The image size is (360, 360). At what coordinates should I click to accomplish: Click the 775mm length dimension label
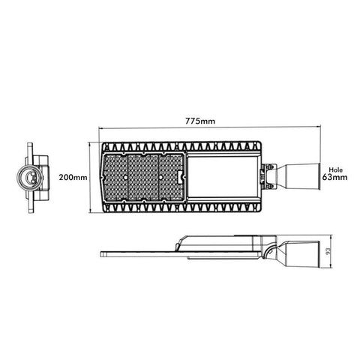200,121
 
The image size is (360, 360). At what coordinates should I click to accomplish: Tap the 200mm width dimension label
73,178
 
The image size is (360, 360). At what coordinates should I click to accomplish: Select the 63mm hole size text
334,177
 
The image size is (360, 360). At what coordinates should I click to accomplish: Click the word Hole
335,170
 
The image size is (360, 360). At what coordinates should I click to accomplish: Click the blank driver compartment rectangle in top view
223,177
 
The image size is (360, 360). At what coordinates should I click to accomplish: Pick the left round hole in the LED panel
124,177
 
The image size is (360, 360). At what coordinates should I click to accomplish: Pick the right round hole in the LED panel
160,177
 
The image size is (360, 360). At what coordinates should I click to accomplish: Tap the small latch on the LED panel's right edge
181,177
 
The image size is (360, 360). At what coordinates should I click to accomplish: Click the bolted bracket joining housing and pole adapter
269,177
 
